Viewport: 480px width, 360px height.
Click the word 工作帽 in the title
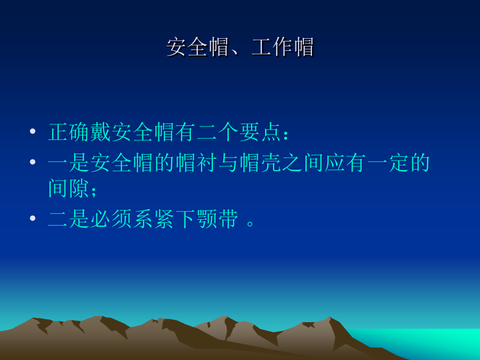(283, 47)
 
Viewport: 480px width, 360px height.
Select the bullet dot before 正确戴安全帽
(33, 132)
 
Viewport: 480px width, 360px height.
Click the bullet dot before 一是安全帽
(33, 162)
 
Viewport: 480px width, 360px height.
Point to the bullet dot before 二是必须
(33, 218)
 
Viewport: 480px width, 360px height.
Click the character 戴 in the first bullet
(101, 132)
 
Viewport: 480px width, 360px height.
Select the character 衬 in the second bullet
(207, 162)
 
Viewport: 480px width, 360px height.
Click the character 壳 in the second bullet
(271, 162)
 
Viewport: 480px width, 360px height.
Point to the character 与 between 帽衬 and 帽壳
(229, 162)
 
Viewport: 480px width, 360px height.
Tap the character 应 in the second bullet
(335, 162)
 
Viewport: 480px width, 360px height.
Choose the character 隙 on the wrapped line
(79, 188)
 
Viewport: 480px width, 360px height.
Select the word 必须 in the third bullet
(111, 219)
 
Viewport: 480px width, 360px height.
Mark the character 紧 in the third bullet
(165, 219)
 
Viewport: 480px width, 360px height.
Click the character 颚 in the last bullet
(207, 219)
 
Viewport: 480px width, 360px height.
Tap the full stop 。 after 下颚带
(250, 223)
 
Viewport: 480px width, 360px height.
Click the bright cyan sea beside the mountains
(429, 340)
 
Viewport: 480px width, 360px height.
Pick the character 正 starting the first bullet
(59, 132)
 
